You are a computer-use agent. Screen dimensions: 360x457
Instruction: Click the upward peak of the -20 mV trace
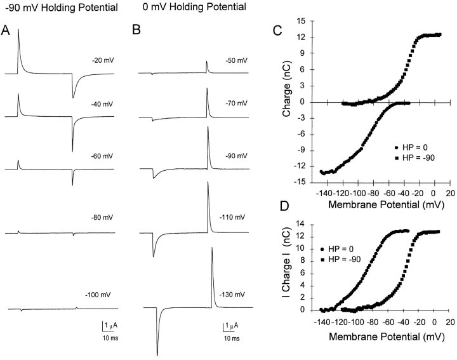click(18, 30)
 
